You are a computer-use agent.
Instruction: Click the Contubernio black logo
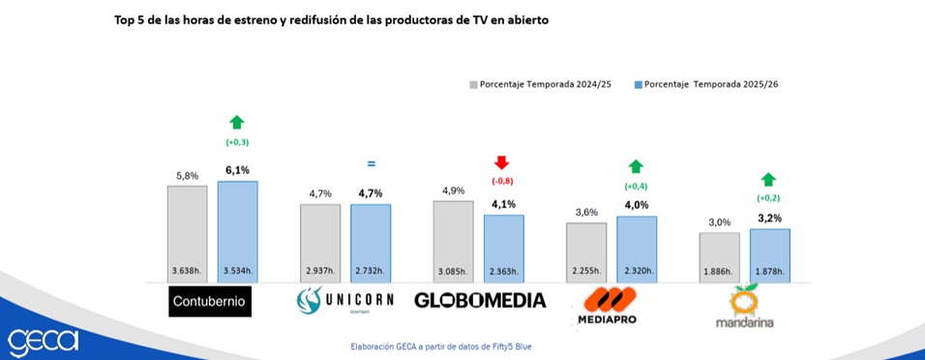coord(210,301)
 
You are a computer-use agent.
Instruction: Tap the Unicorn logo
coord(344,300)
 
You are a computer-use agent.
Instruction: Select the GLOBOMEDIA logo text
coord(480,300)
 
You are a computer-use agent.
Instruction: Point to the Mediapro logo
coord(607,305)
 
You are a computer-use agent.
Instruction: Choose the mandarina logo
coord(744,306)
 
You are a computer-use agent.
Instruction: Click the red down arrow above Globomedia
coord(502,163)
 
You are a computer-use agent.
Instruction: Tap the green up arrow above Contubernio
coord(236,122)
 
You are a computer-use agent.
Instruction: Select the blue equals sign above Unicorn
coord(371,164)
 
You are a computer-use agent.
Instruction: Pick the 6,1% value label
coord(237,170)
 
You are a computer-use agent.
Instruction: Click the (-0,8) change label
coord(502,181)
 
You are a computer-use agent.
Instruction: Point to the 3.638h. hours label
coord(187,272)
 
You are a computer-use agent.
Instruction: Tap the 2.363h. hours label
coord(504,272)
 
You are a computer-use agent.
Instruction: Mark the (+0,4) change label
coord(636,187)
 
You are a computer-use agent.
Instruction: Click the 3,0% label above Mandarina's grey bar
coord(720,223)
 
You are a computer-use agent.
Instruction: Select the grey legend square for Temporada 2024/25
coord(473,84)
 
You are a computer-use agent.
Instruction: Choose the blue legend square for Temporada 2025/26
coord(638,84)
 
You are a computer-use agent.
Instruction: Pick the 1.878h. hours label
coord(770,272)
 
